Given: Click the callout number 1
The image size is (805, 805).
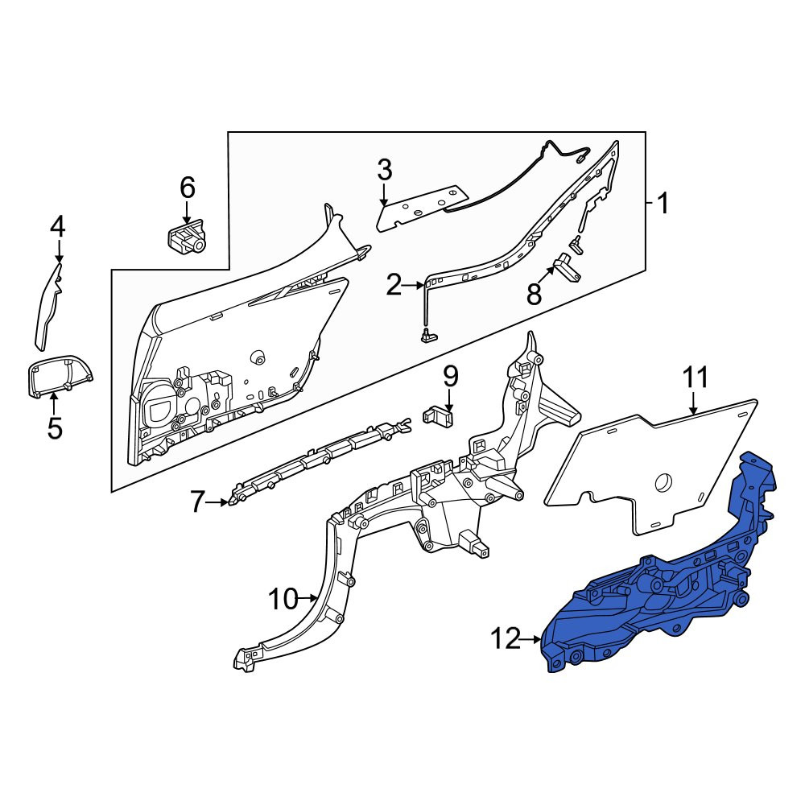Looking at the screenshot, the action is click(663, 204).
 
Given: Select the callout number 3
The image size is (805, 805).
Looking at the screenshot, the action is click(385, 170).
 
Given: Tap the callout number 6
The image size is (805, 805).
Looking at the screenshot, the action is click(188, 188).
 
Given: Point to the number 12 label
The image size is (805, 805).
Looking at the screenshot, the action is click(506, 639).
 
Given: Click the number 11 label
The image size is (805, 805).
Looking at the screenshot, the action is click(696, 378).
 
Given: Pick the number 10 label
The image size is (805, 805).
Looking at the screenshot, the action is click(283, 598).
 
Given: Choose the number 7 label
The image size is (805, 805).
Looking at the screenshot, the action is click(198, 502).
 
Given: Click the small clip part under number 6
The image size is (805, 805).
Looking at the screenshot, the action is click(187, 235).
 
